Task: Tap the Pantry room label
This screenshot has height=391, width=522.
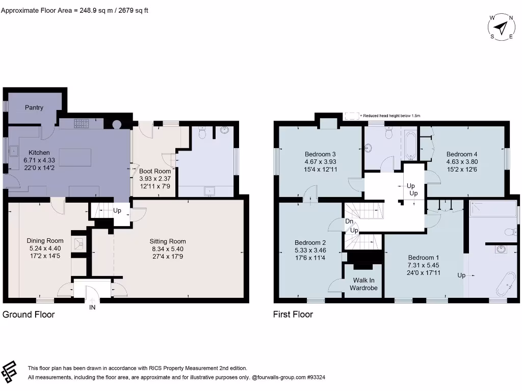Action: (x=34, y=107)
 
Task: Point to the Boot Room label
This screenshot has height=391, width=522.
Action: (x=155, y=171)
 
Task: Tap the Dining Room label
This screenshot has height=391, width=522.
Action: (x=45, y=241)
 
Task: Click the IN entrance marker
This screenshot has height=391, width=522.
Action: (x=92, y=307)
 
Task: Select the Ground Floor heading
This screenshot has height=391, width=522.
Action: (x=29, y=314)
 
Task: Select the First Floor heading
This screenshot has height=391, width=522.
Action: (x=293, y=314)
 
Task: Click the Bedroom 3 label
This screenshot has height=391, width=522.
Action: (x=320, y=154)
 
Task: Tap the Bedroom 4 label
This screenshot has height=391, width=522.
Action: (x=462, y=154)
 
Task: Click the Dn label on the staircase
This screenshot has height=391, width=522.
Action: (x=349, y=221)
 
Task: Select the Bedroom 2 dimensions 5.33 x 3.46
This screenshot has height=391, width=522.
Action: (x=310, y=250)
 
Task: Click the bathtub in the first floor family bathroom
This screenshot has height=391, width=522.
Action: (x=410, y=146)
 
